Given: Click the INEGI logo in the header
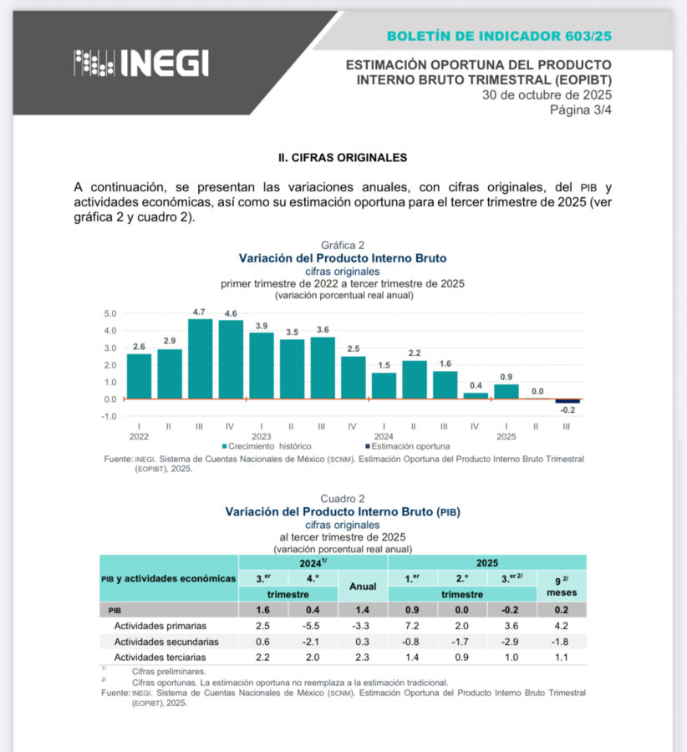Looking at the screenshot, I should pyautogui.click(x=141, y=63).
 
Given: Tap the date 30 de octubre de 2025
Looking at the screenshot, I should pyautogui.click(x=547, y=94).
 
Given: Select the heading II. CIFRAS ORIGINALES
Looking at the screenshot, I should pyautogui.click(x=343, y=157).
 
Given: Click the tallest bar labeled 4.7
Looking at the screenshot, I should pyautogui.click(x=200, y=358).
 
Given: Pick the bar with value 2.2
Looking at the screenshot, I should pyautogui.click(x=414, y=379).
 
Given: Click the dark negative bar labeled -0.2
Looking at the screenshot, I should pyautogui.click(x=567, y=401).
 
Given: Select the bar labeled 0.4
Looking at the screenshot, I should pyautogui.click(x=475, y=395).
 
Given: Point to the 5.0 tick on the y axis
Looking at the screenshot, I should pyautogui.click(x=110, y=314).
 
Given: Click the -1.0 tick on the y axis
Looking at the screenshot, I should pyautogui.click(x=109, y=416).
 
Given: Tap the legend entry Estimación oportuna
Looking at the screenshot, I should pyautogui.click(x=407, y=446).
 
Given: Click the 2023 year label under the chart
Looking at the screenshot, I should pyautogui.click(x=261, y=436).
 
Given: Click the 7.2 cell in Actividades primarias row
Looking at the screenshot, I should pyautogui.click(x=412, y=625).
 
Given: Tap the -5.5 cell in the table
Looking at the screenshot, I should pyautogui.click(x=311, y=625).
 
